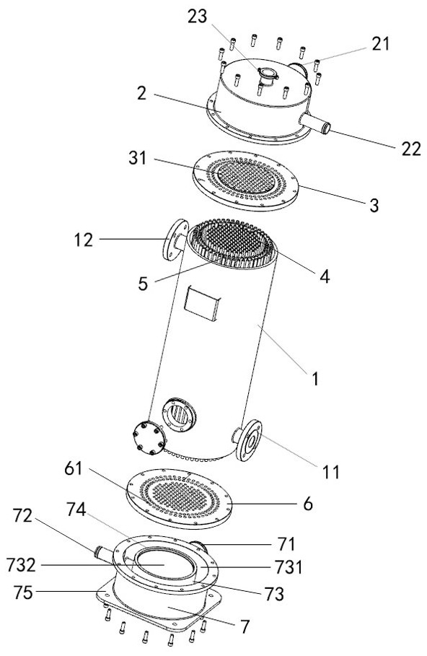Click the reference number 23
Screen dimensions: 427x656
tap(198, 17)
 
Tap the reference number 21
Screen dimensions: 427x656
tap(381, 43)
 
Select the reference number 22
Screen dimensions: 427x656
tap(411, 149)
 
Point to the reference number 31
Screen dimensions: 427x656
tap(138, 158)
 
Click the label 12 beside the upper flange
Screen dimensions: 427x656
tap(84, 240)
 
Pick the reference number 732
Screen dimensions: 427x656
tap(22, 565)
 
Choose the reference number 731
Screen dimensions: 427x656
tap(288, 567)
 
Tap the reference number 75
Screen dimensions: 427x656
tap(22, 592)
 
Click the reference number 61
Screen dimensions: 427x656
tap(74, 468)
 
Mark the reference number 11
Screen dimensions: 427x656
tap(331, 471)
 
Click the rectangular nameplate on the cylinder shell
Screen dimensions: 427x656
tap(202, 304)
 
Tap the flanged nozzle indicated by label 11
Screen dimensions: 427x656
tap(247, 439)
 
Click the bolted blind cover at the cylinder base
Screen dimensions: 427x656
tap(149, 437)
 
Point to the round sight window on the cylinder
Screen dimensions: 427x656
tap(179, 415)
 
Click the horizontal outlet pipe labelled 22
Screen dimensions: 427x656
tap(315, 123)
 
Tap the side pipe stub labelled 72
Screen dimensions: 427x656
tap(103, 553)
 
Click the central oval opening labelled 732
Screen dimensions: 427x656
tap(164, 564)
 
